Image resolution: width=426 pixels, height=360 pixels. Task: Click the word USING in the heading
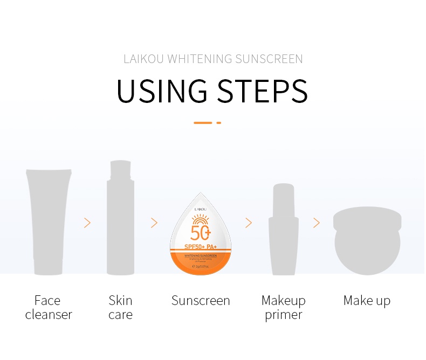162,91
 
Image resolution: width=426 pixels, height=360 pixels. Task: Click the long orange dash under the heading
203,123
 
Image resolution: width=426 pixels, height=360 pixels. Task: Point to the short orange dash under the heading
219,123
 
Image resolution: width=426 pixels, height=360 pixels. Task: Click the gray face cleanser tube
49,221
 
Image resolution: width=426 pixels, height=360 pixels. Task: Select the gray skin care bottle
120,218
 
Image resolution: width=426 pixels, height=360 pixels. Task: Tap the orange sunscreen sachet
201,237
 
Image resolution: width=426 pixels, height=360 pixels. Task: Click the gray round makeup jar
367,240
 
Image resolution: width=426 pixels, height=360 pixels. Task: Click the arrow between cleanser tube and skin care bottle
87,223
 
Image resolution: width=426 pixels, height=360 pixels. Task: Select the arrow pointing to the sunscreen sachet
154,223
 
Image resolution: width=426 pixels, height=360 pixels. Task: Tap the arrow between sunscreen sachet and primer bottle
249,223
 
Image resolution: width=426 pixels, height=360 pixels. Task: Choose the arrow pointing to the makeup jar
317,223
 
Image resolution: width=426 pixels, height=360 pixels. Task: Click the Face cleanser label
49,307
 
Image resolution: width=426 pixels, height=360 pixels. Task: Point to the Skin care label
120,307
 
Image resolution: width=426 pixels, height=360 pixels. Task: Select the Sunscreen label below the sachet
201,301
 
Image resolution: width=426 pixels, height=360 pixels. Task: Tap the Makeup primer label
284,307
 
